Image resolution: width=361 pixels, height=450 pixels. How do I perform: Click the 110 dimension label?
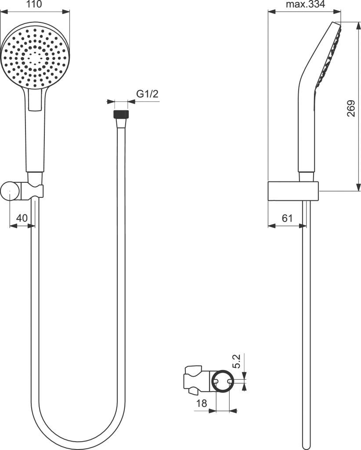click(x=34, y=5)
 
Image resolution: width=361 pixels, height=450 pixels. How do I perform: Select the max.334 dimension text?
click(x=305, y=5)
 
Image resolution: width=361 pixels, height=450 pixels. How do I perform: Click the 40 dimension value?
click(x=22, y=218)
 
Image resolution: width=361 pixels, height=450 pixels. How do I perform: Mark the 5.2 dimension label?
click(x=236, y=361)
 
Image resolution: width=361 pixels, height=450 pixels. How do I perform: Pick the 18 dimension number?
click(x=201, y=403)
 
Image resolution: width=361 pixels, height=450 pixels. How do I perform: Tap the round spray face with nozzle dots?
click(x=35, y=57)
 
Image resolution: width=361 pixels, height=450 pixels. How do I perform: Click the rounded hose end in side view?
click(x=307, y=444)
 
